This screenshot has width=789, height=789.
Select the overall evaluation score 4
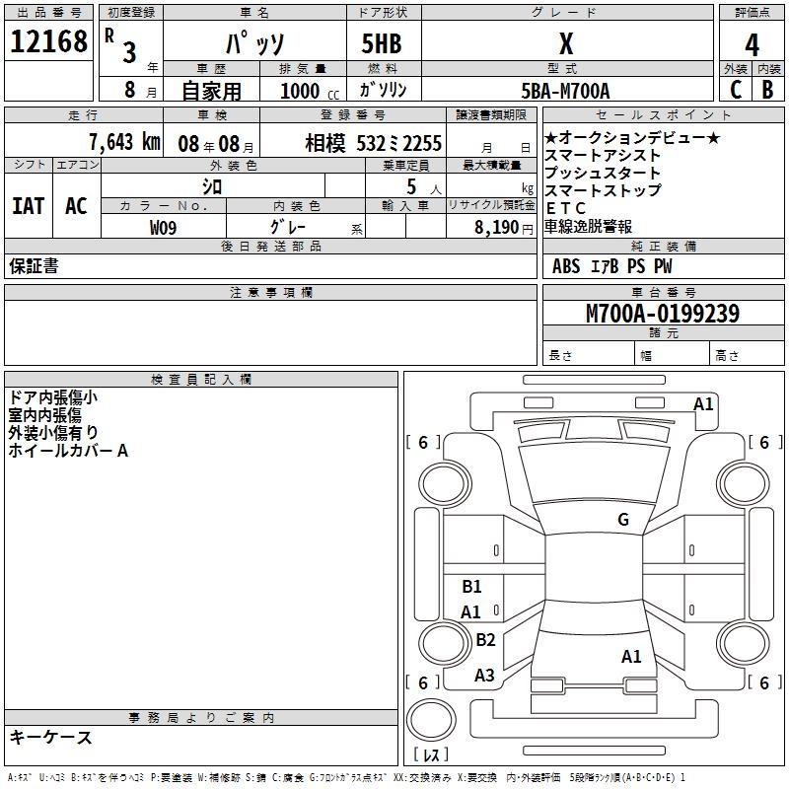(752, 44)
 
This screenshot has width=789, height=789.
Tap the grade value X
(565, 43)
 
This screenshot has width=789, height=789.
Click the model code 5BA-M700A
(565, 91)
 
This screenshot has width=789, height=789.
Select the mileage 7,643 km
(123, 142)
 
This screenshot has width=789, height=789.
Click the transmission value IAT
(29, 206)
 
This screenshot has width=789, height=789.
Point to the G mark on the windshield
(622, 520)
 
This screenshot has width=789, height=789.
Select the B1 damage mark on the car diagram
(471, 587)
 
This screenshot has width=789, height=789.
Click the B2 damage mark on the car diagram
(485, 640)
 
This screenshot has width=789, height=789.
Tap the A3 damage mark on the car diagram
(484, 676)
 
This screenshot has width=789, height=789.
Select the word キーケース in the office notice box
(50, 737)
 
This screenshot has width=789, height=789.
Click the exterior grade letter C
(735, 90)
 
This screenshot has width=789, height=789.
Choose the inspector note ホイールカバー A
(68, 451)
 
